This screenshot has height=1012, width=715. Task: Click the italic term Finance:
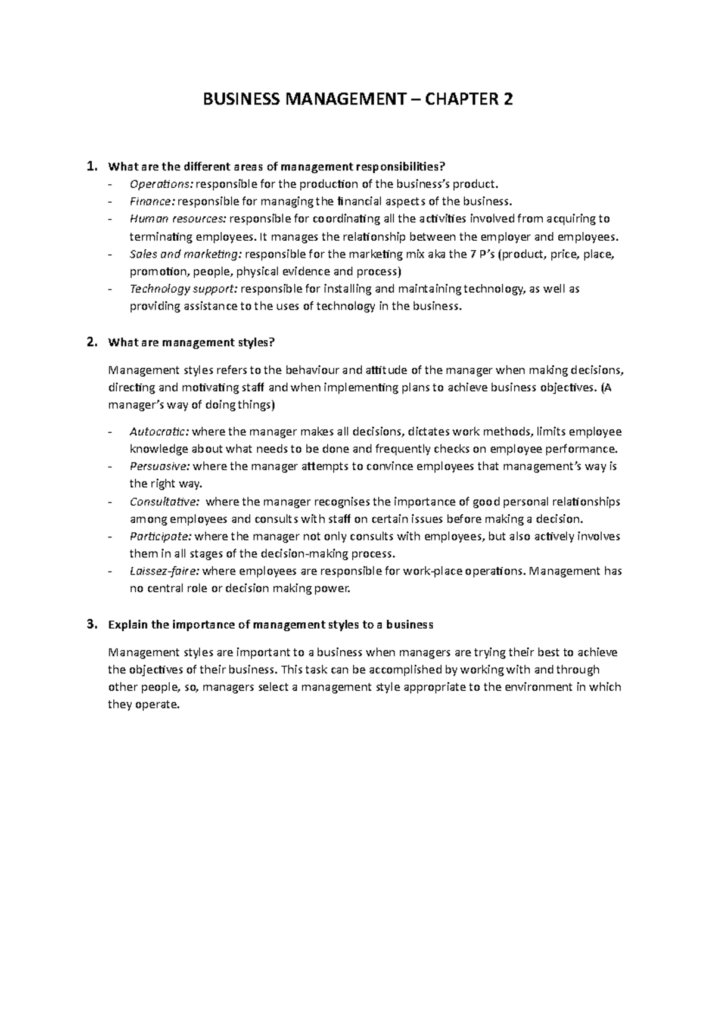[x=152, y=201]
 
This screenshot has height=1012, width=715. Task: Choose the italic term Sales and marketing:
[x=185, y=254]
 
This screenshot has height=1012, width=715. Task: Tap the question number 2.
[x=91, y=342]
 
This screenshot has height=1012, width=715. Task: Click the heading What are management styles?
[x=191, y=343]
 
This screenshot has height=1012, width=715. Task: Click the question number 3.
[x=91, y=625]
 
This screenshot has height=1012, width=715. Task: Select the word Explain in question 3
[x=128, y=625]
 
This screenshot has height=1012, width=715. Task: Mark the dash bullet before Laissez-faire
[x=110, y=572]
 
